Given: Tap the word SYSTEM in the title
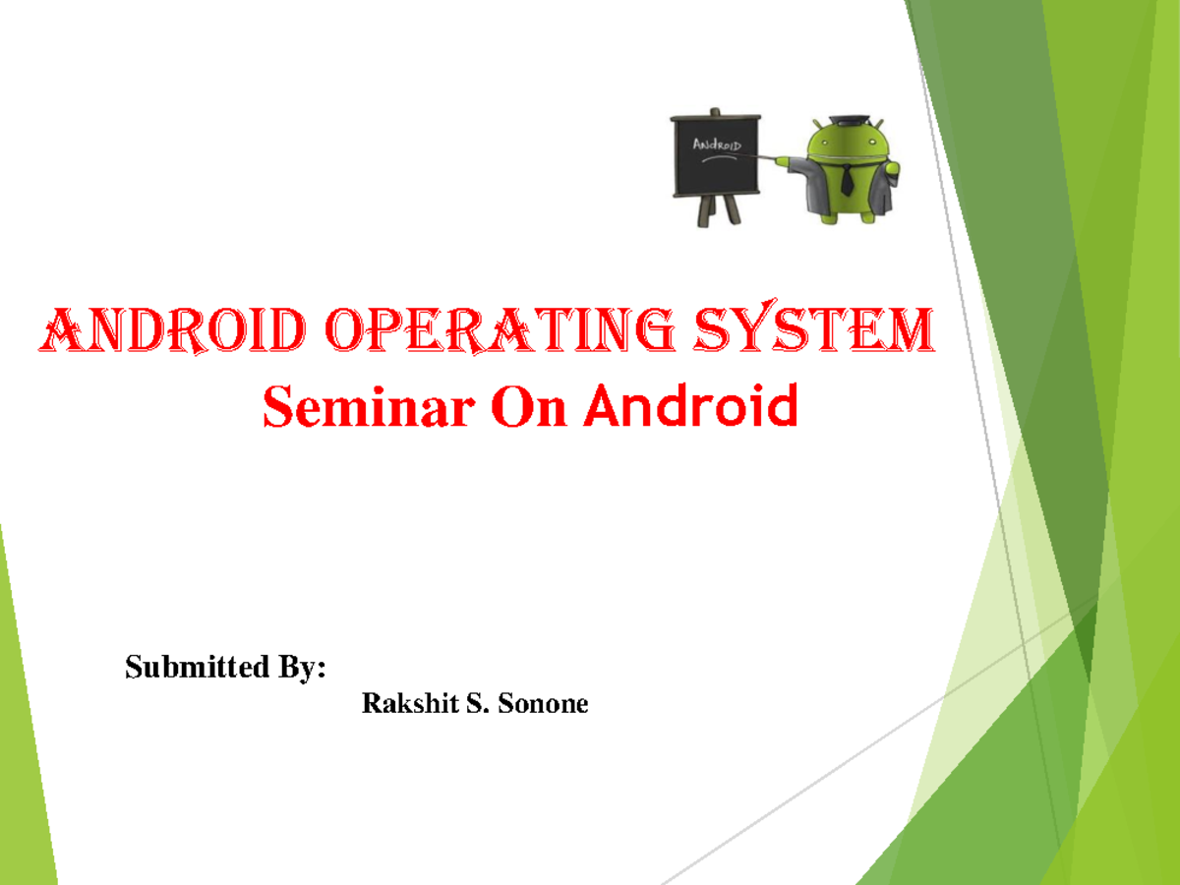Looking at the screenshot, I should point(816,332).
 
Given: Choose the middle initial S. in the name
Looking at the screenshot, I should point(478,704).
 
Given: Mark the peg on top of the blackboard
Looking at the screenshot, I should point(715,110).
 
